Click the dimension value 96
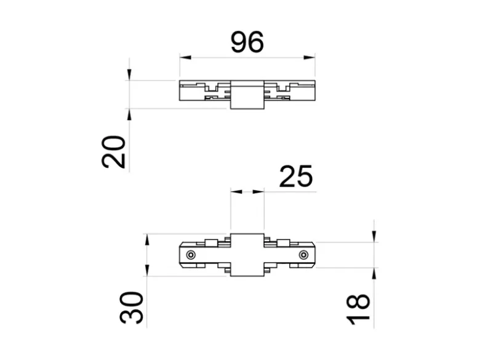coord(247,42)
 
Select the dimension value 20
coord(114,152)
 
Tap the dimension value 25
coord(296,176)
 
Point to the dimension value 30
coord(131,307)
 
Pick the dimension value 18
coord(358,310)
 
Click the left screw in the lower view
coord(191,255)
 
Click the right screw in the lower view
coord(303,255)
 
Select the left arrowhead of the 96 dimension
coord(185,57)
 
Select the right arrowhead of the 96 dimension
coord(309,57)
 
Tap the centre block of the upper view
coord(247,95)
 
